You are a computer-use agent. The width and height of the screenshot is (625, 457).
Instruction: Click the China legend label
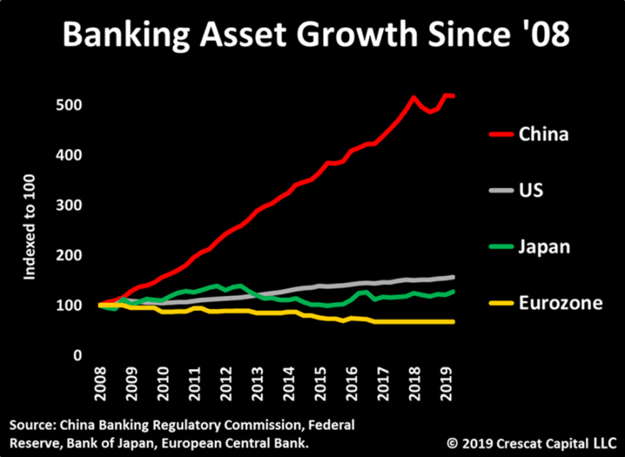coord(543,133)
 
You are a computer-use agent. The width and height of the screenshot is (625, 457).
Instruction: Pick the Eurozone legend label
coord(560,303)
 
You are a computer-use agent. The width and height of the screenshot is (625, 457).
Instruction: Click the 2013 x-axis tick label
coord(253,381)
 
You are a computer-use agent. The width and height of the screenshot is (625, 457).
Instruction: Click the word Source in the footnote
coord(29,426)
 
